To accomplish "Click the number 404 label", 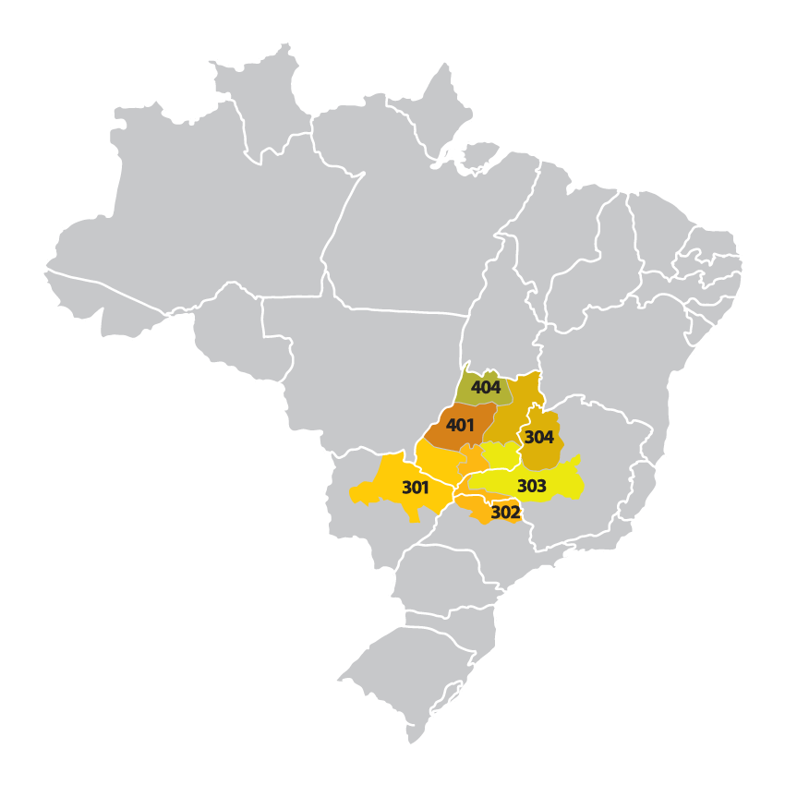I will pyautogui.click(x=485, y=388).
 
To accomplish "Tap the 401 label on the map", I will pyautogui.click(x=460, y=426).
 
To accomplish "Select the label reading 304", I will pyautogui.click(x=538, y=437).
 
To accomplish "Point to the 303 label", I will pyautogui.click(x=531, y=486).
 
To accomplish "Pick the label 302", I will pyautogui.click(x=505, y=512).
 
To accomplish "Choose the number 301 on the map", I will pyautogui.click(x=415, y=487).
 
